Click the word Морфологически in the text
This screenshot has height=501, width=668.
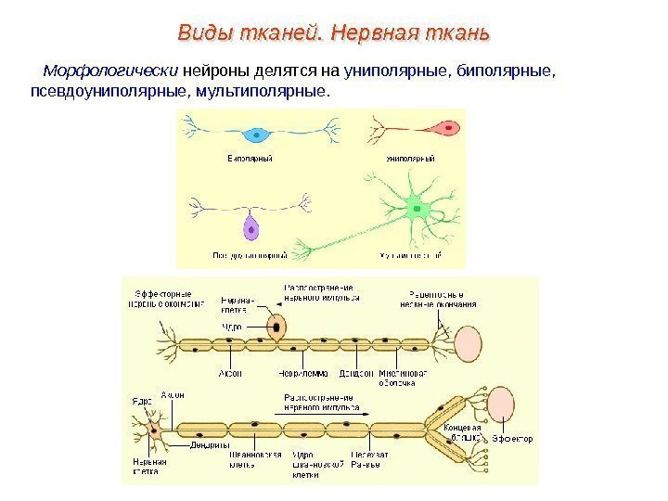pyautogui.click(x=111, y=71)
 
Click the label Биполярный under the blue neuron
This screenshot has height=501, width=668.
pyautogui.click(x=250, y=159)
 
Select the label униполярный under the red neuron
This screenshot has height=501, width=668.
pyautogui.click(x=411, y=159)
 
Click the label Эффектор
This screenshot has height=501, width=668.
pyautogui.click(x=512, y=439)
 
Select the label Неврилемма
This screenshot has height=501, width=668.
pyautogui.click(x=297, y=374)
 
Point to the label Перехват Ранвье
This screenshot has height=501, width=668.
pyautogui.click(x=364, y=459)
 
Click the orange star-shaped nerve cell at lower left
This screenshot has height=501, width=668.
pyautogui.click(x=153, y=433)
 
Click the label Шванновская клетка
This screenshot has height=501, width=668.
pyautogui.click(x=250, y=459)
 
